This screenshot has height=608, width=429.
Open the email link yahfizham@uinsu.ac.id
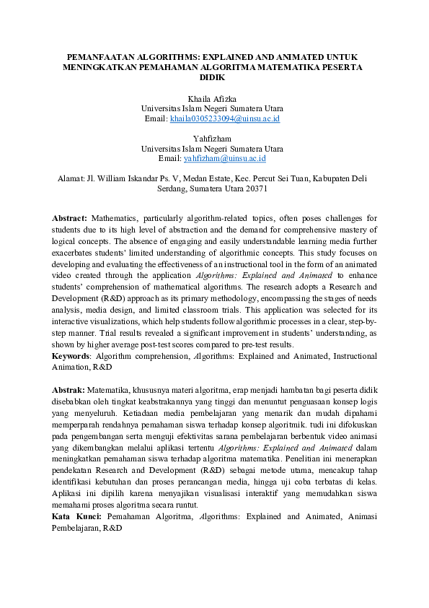point(225,157)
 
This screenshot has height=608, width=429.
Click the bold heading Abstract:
point(69,217)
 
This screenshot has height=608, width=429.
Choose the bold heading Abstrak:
point(68,389)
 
